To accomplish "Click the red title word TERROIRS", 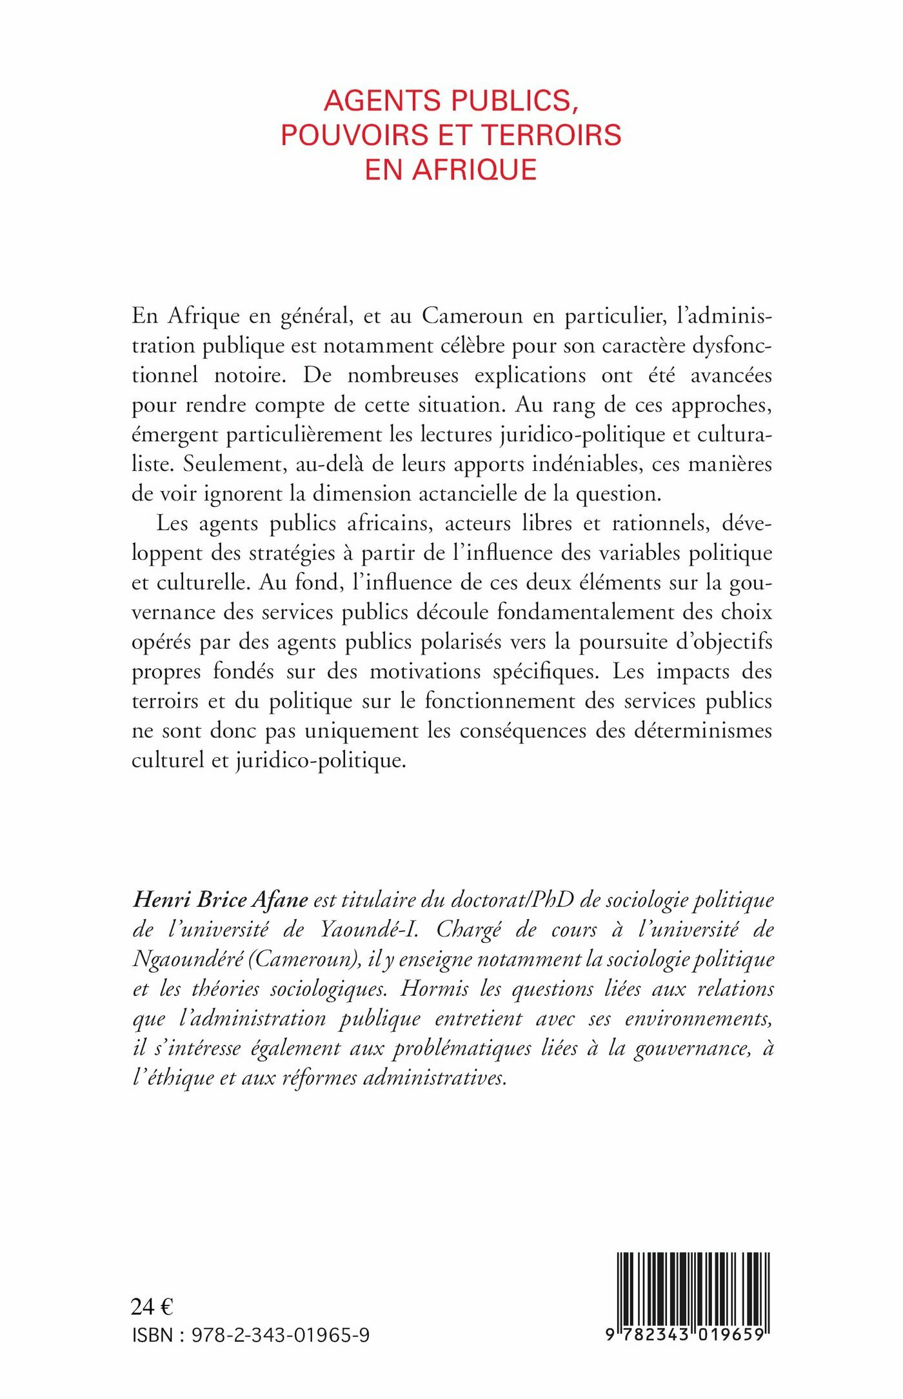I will coord(551,135).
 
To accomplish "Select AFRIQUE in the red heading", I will coord(474,169).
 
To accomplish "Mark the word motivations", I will coord(425,671).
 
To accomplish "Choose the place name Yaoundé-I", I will coord(369,929).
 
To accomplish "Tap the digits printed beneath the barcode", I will coord(685,1334).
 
